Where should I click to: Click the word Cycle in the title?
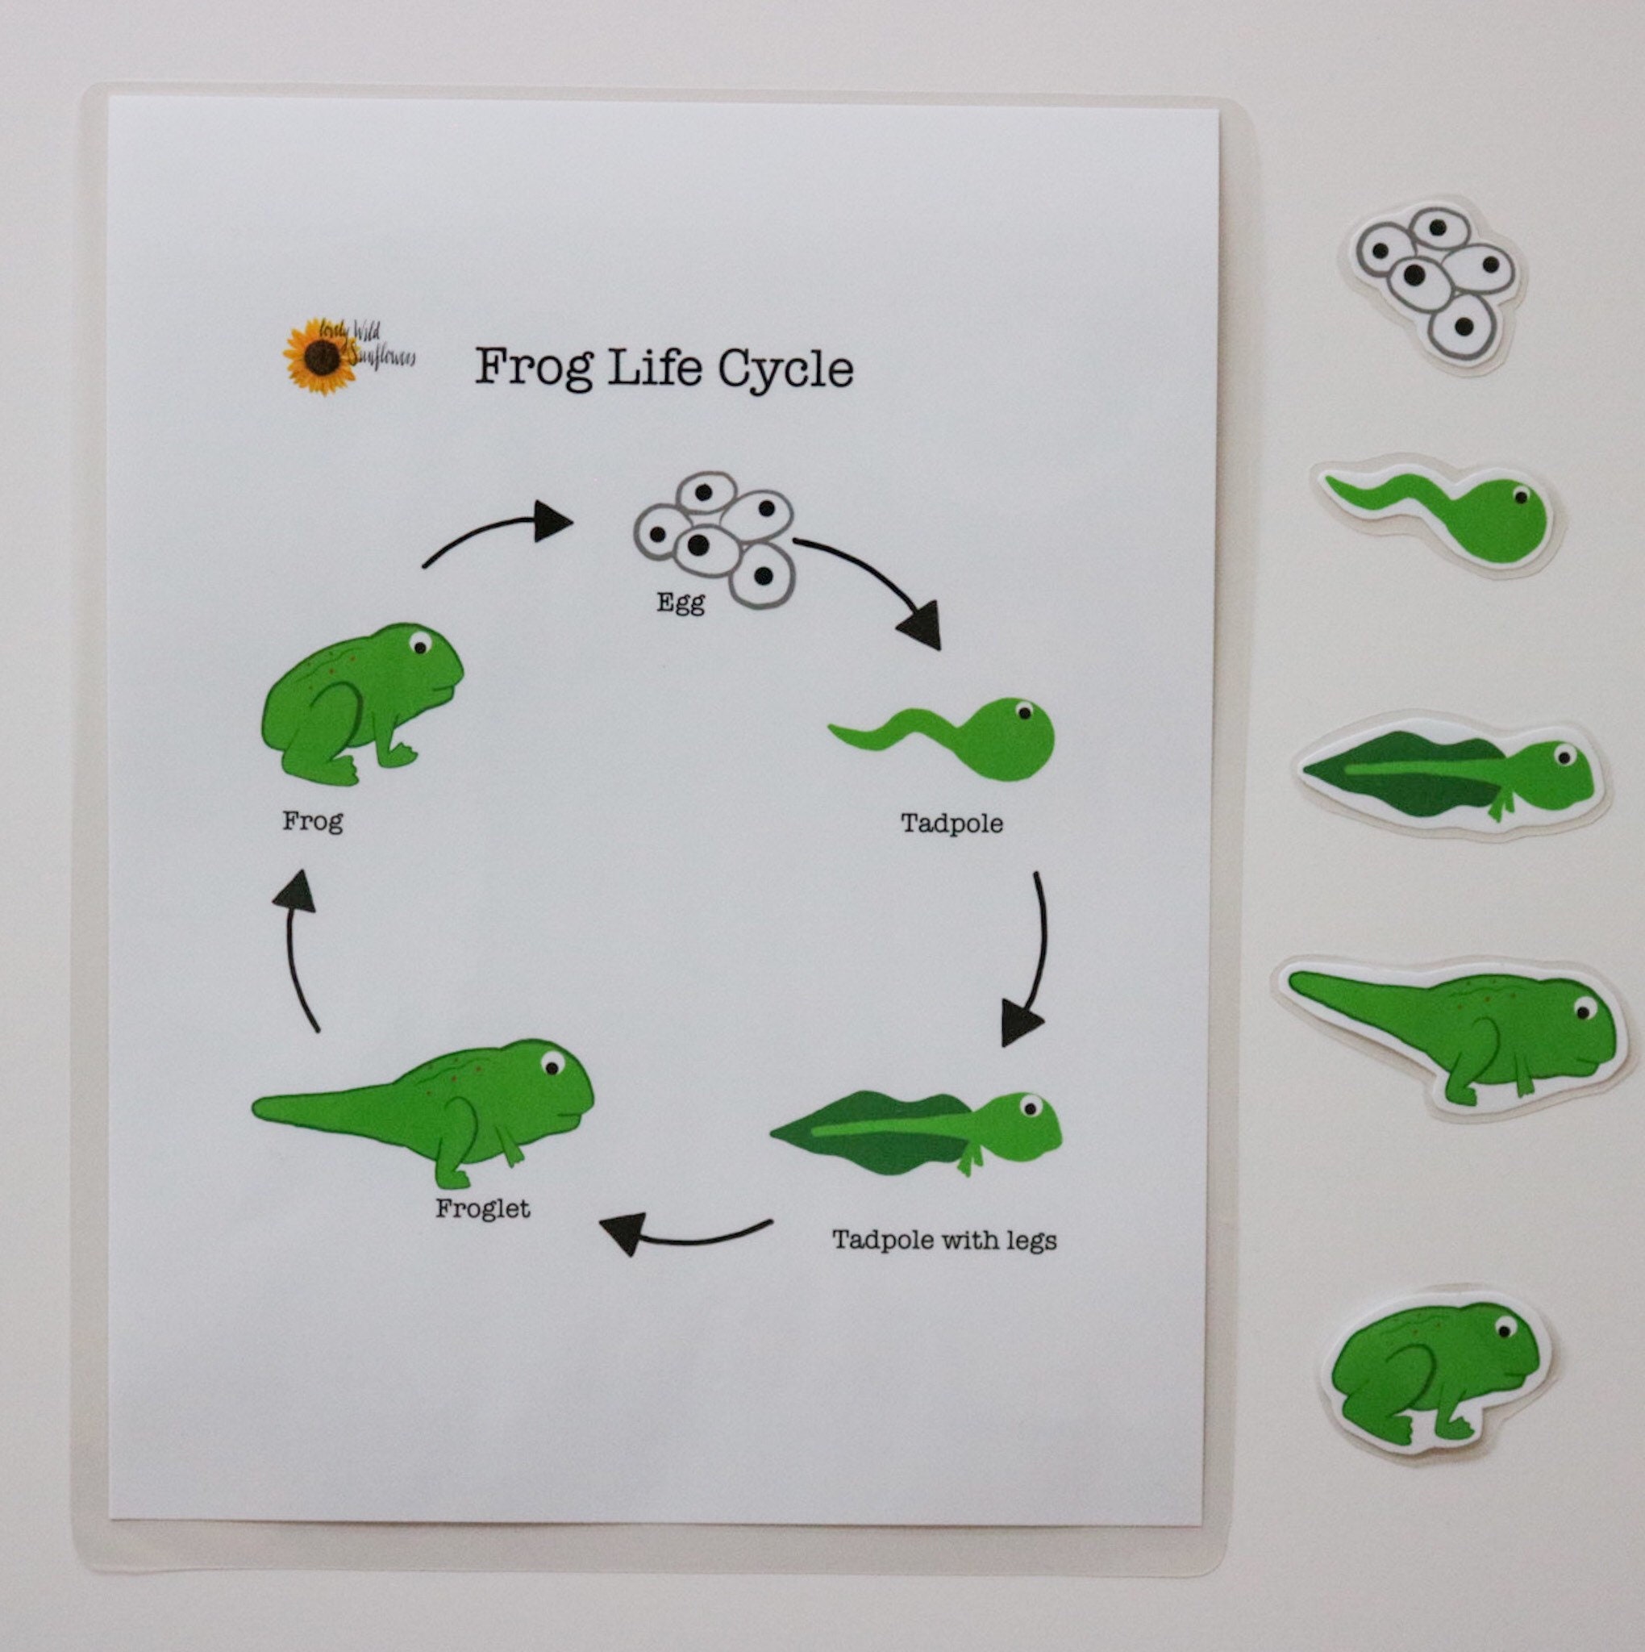[784, 369]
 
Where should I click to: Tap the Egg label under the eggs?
[681, 603]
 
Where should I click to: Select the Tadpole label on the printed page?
[951, 824]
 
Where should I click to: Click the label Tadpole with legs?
[944, 1240]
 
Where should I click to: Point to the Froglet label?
[482, 1208]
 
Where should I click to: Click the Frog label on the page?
[313, 822]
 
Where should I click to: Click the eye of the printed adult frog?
[419, 643]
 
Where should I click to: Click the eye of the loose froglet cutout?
[1584, 1008]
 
